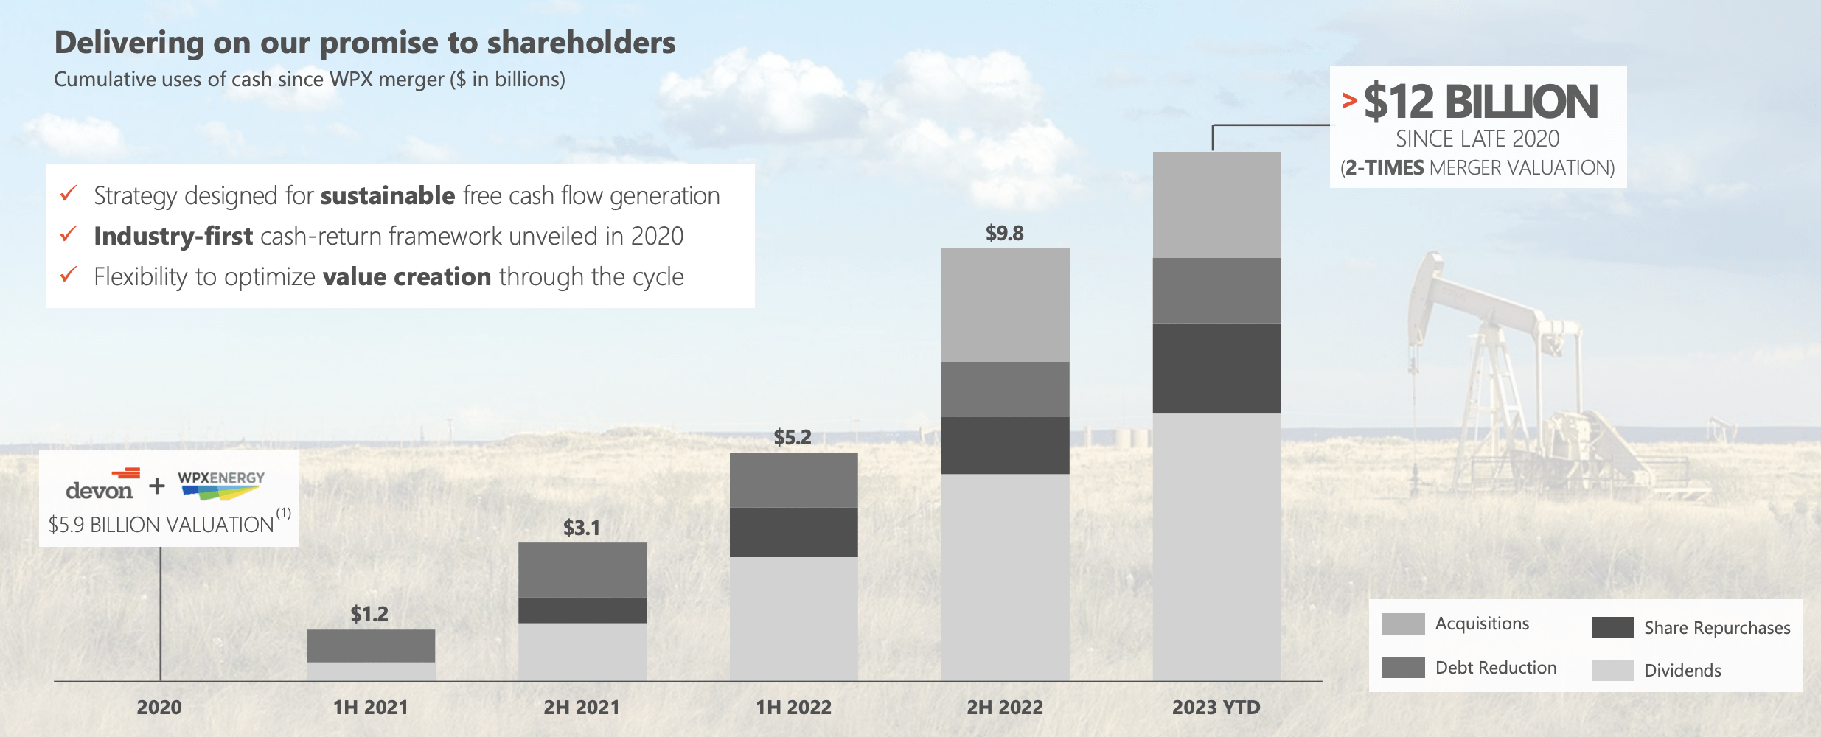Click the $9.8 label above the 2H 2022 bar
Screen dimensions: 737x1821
[1004, 234]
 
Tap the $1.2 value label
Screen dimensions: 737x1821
[369, 614]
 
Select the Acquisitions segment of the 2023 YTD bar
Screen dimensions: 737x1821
[1216, 205]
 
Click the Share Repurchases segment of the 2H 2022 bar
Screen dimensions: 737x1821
[1005, 445]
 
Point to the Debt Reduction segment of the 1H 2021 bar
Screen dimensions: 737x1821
[371, 646]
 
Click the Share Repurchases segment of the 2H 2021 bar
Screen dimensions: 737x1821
[582, 610]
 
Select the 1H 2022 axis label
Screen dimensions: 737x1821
[793, 708]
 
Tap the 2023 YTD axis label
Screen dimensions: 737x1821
[1216, 708]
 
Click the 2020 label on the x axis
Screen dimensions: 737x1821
[159, 708]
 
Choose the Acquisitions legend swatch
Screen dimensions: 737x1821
[1403, 624]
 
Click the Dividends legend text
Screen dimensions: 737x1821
[1682, 671]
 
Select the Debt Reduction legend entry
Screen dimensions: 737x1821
[1495, 668]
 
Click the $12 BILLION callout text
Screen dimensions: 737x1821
[1480, 102]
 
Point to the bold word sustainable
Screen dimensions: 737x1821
[388, 196]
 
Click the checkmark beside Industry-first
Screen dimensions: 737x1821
[69, 234]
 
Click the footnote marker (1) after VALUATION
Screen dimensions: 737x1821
[284, 512]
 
